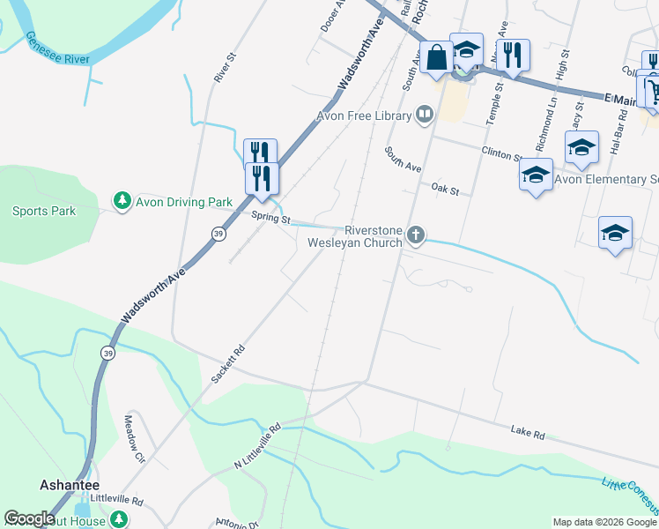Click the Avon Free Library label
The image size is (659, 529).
(365, 115)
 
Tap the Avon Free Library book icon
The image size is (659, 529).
(425, 115)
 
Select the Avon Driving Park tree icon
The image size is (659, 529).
(122, 201)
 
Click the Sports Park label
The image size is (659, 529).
(44, 211)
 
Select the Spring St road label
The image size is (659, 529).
(270, 217)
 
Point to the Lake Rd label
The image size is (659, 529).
(528, 432)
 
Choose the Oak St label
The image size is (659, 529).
(446, 189)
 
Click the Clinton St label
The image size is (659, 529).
(501, 153)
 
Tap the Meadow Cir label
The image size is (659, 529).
(134, 439)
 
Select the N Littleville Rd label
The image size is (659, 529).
(256, 446)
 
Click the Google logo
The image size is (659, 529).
(29, 518)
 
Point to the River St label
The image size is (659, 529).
(226, 67)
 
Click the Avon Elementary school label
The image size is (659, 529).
(606, 180)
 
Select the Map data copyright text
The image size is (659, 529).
(603, 522)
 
